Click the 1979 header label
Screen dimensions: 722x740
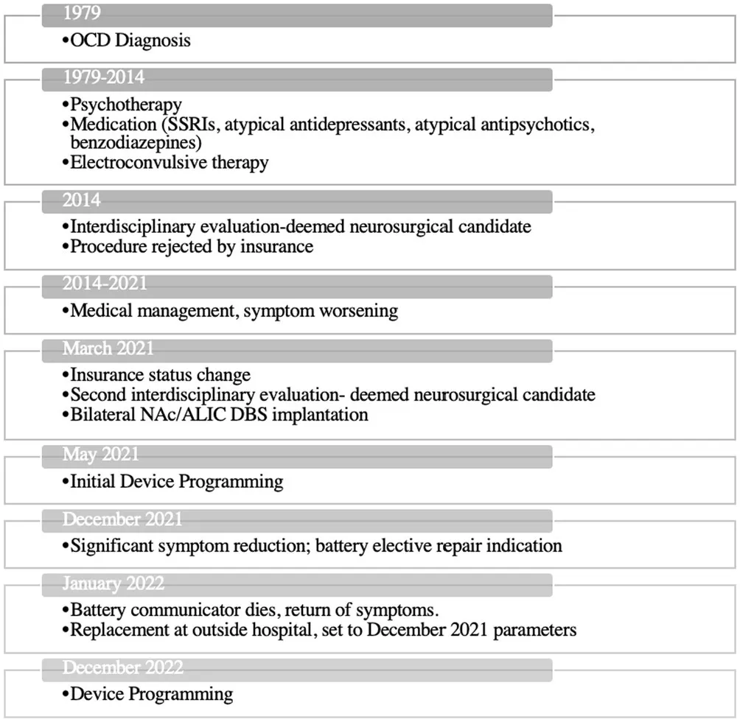83,13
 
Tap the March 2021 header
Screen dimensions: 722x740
108,348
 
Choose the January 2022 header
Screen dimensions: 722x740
113,584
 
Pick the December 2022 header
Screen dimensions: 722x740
122,667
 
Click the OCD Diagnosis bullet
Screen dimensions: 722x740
130,41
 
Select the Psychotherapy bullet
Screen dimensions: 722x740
125,104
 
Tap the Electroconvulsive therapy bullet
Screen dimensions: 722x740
169,162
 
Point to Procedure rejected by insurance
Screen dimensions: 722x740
192,246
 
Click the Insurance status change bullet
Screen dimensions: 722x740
160,375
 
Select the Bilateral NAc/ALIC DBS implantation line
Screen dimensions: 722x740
219,414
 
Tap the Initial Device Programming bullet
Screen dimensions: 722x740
176,482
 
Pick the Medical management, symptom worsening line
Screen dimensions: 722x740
234,311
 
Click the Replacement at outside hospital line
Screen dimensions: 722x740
323,630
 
